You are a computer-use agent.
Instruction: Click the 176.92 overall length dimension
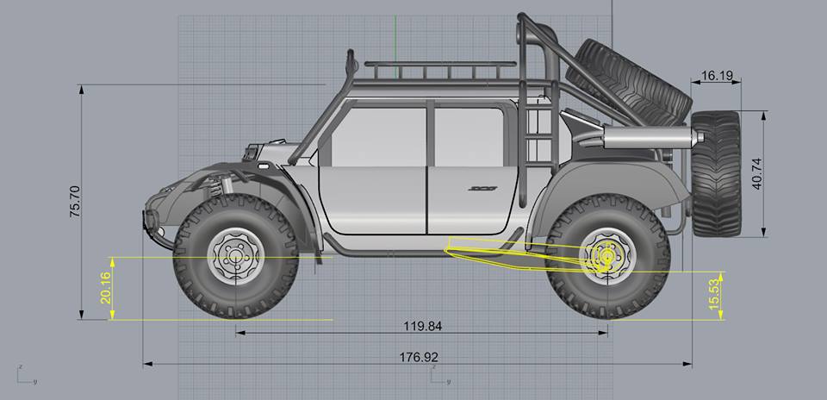419,357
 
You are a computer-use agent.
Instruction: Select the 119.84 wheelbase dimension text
422,326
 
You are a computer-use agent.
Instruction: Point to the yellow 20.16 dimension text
105,288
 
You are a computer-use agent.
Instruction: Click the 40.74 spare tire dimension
757,173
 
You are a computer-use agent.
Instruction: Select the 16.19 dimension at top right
718,76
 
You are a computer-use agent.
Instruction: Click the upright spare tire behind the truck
716,173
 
